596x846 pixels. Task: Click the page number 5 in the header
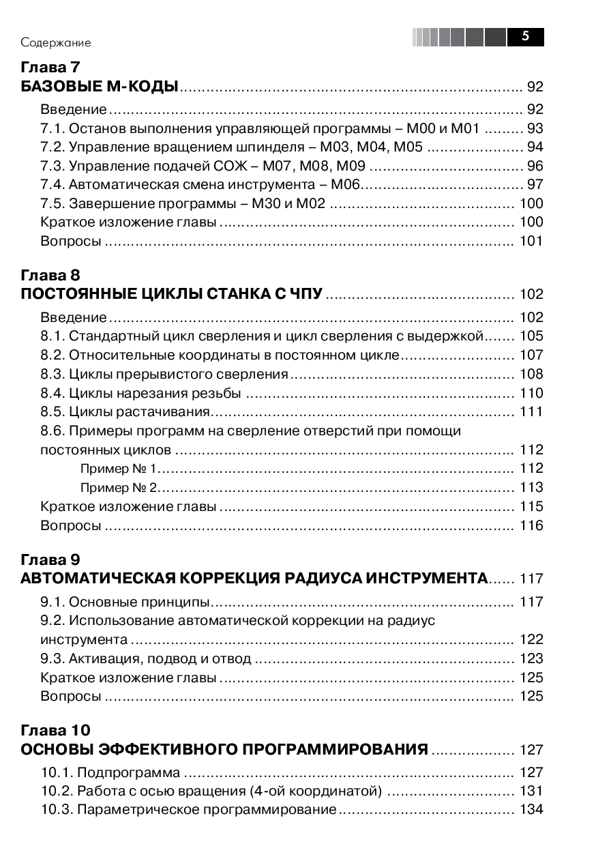525,37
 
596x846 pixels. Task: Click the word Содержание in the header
55,42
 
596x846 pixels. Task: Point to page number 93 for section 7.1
535,128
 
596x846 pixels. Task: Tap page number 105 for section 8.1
531,336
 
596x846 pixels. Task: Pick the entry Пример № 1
119,468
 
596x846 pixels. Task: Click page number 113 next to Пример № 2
531,487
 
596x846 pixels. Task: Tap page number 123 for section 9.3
531,658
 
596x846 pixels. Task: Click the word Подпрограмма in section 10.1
128,772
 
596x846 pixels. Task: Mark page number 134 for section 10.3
531,810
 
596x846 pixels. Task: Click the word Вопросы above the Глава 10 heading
71,696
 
